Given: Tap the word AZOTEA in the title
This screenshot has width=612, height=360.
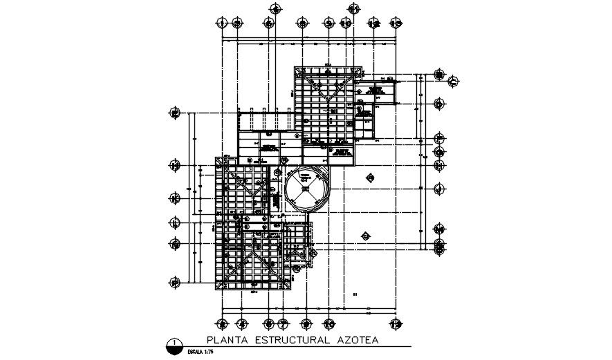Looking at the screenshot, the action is tap(357, 340).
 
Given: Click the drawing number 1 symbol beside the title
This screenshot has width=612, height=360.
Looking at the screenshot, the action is tap(176, 344).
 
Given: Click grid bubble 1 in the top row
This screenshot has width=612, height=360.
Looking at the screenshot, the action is tap(223, 23).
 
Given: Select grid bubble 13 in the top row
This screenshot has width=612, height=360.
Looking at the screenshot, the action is tap(396, 23).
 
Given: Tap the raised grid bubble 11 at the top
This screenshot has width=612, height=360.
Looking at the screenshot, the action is tap(354, 9).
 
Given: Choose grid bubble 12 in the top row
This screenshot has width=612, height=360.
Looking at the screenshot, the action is tap(374, 23).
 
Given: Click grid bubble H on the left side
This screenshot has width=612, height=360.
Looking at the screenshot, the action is tap(176, 166).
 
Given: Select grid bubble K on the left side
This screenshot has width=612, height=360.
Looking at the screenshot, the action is tap(176, 199).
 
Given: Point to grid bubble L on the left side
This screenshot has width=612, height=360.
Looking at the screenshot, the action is tap(176, 222).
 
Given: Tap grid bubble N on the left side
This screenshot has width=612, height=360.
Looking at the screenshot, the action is tap(176, 244).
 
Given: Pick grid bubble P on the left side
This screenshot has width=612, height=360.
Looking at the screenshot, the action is tap(176, 282).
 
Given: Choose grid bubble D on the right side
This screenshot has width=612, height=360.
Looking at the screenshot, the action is tap(439, 104).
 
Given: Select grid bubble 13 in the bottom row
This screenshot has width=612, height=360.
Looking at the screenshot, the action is tap(396, 323).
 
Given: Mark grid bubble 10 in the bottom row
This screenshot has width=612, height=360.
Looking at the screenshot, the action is tap(329, 323).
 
